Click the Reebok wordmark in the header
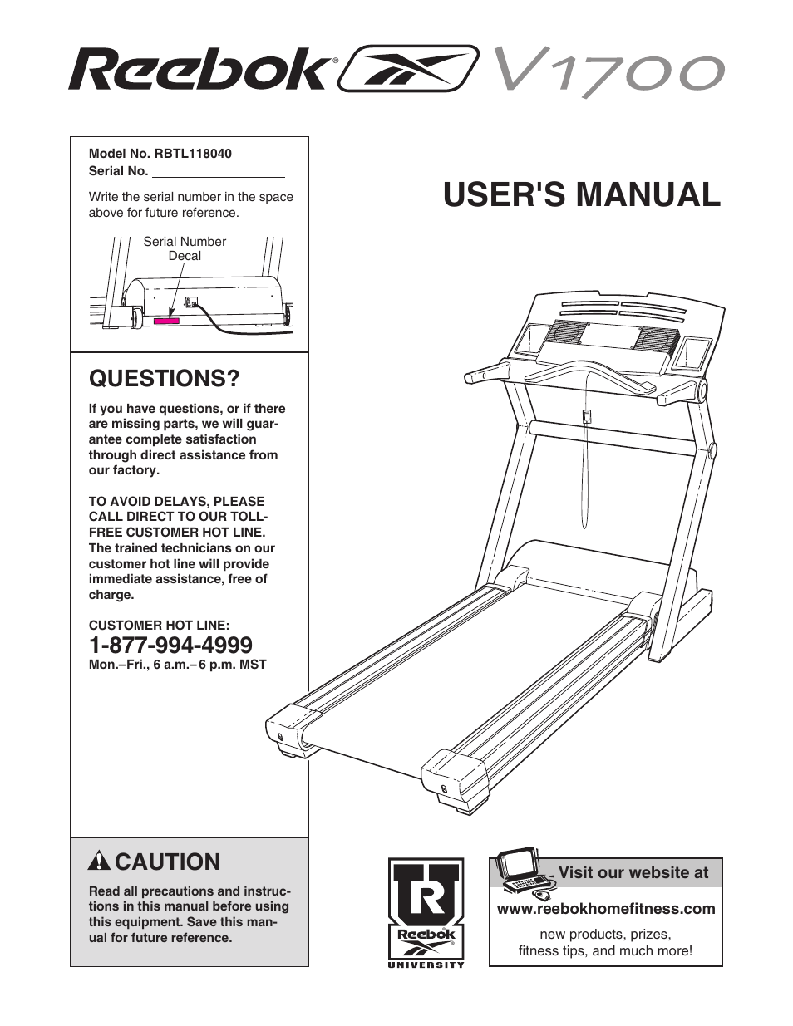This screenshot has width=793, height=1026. tap(199, 70)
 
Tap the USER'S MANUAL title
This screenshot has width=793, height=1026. tap(581, 194)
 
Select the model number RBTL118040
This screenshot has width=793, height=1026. tap(192, 154)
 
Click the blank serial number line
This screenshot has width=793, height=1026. tap(218, 172)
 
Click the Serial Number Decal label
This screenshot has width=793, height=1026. tap(185, 248)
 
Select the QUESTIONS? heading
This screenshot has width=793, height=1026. tap(164, 378)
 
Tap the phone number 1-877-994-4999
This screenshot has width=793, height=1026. tap(170, 645)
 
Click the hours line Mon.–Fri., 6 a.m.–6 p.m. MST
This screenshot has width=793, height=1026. tap(177, 665)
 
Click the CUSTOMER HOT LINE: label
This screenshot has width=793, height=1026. tap(159, 626)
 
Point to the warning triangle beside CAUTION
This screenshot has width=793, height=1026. tap(99, 862)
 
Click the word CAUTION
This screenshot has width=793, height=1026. tap(167, 862)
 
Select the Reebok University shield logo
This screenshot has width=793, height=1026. tap(426, 911)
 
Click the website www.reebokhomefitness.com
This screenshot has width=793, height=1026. tap(605, 909)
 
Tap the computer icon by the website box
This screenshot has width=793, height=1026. tap(520, 873)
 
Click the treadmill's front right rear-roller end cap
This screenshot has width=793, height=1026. tap(454, 778)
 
